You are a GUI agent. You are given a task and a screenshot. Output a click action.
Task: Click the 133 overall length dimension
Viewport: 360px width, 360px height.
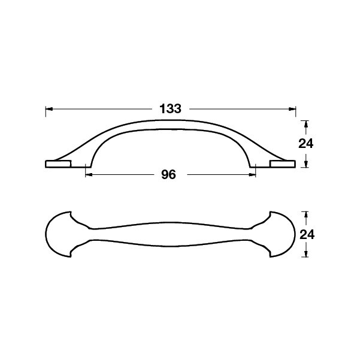point(170,108)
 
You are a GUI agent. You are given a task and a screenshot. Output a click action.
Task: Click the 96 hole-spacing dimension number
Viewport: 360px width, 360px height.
point(168,175)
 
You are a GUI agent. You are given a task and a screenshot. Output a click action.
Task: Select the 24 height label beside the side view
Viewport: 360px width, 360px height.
point(306,144)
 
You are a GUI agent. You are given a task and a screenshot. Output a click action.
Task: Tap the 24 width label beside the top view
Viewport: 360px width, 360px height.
point(307,235)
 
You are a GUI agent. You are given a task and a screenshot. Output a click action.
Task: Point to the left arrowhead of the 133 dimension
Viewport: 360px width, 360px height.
point(49,109)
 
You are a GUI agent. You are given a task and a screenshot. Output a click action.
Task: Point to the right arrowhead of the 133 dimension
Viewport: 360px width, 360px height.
point(292,109)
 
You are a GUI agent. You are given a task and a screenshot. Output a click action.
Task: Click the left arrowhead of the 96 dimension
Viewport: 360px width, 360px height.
point(89,175)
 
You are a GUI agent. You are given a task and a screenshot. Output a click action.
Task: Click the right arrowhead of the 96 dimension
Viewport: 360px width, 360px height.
point(252,175)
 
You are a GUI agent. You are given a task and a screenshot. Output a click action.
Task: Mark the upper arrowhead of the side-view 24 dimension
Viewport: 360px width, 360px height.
point(305,124)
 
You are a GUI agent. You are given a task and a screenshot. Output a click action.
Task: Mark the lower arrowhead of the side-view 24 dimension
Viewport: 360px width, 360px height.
point(305,164)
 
